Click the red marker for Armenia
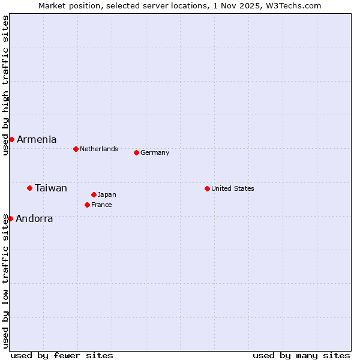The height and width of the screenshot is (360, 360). (x=11, y=139)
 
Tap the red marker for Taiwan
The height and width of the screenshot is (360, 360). (x=29, y=188)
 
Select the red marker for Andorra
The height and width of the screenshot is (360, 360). (x=10, y=218)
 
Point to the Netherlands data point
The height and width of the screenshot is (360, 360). (x=76, y=149)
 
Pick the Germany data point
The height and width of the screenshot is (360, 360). (x=136, y=152)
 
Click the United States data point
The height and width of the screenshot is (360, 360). (x=207, y=188)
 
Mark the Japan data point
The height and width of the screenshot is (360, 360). (x=94, y=194)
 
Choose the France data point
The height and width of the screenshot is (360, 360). (x=87, y=205)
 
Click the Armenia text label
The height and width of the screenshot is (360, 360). (x=37, y=139)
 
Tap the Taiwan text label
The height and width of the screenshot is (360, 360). (x=51, y=188)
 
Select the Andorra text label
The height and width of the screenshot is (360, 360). (x=34, y=218)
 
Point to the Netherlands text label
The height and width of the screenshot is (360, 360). (x=99, y=149)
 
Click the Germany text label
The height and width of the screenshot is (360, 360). (x=155, y=152)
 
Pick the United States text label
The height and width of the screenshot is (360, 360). (x=233, y=188)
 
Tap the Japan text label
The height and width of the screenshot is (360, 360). (x=107, y=194)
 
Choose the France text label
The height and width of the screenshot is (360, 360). (x=101, y=205)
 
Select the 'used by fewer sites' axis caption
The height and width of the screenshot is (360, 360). (x=62, y=355)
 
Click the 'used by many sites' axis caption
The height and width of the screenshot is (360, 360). (x=301, y=355)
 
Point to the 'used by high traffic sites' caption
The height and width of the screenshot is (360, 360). (x=5, y=85)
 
